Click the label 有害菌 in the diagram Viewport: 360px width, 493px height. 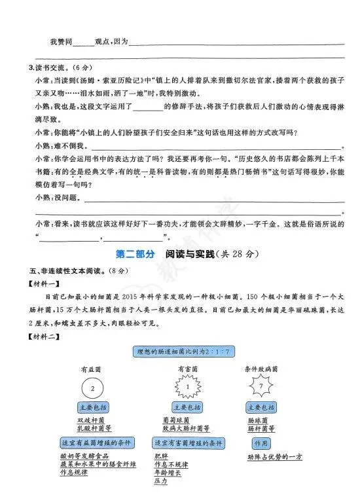(x=187, y=369)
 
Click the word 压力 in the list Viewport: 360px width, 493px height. (x=160, y=481)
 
